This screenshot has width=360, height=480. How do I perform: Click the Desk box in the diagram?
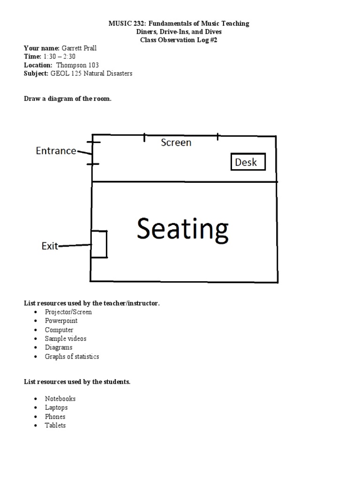point(248,162)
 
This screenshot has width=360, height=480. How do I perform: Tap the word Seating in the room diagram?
point(182,230)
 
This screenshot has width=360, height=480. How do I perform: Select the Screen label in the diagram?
point(176,142)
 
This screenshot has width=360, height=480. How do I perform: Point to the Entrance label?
point(56,150)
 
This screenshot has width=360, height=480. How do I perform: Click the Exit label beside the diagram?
point(50,246)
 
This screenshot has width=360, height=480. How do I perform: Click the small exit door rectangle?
point(99,244)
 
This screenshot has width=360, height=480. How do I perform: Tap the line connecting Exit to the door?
point(75,245)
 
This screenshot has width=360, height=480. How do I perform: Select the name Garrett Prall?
point(82,48)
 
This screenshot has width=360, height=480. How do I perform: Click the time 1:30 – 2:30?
point(59,57)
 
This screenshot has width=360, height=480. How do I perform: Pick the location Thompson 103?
point(77,65)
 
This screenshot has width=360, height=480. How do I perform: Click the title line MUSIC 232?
point(180,23)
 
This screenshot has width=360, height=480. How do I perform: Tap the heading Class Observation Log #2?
point(180,40)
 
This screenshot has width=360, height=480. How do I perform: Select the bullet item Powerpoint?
point(61,321)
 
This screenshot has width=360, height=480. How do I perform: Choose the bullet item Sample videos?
point(66,338)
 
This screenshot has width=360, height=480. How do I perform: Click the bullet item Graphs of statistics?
point(72,356)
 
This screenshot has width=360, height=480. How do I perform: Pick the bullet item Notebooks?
point(60,398)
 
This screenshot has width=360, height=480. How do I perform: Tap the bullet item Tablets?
point(55,425)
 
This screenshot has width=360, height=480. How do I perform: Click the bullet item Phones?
point(55,416)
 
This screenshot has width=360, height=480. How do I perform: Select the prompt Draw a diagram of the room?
point(67,99)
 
